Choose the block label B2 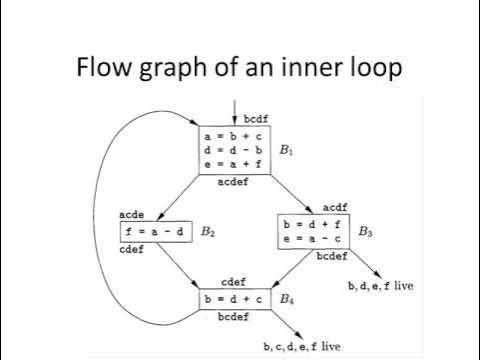click(x=207, y=232)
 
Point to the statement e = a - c click(x=311, y=240)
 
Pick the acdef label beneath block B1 click(x=233, y=183)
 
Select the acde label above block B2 click(x=133, y=215)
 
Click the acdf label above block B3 click(x=335, y=207)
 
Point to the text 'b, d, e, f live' click(x=381, y=286)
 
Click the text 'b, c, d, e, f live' click(x=302, y=346)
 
